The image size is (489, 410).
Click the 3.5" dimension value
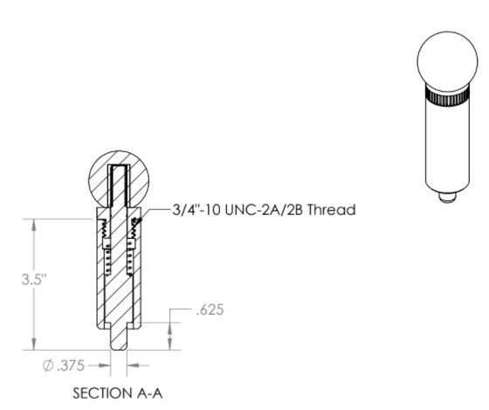tap(34, 280)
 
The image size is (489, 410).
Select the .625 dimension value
tap(210, 309)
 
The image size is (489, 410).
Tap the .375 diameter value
tap(71, 365)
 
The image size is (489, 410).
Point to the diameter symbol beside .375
tap(48, 365)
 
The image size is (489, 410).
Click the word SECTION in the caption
tap(101, 393)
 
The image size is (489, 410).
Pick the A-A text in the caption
tap(149, 393)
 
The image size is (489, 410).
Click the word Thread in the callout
tap(331, 210)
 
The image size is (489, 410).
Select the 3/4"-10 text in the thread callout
tap(196, 210)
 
